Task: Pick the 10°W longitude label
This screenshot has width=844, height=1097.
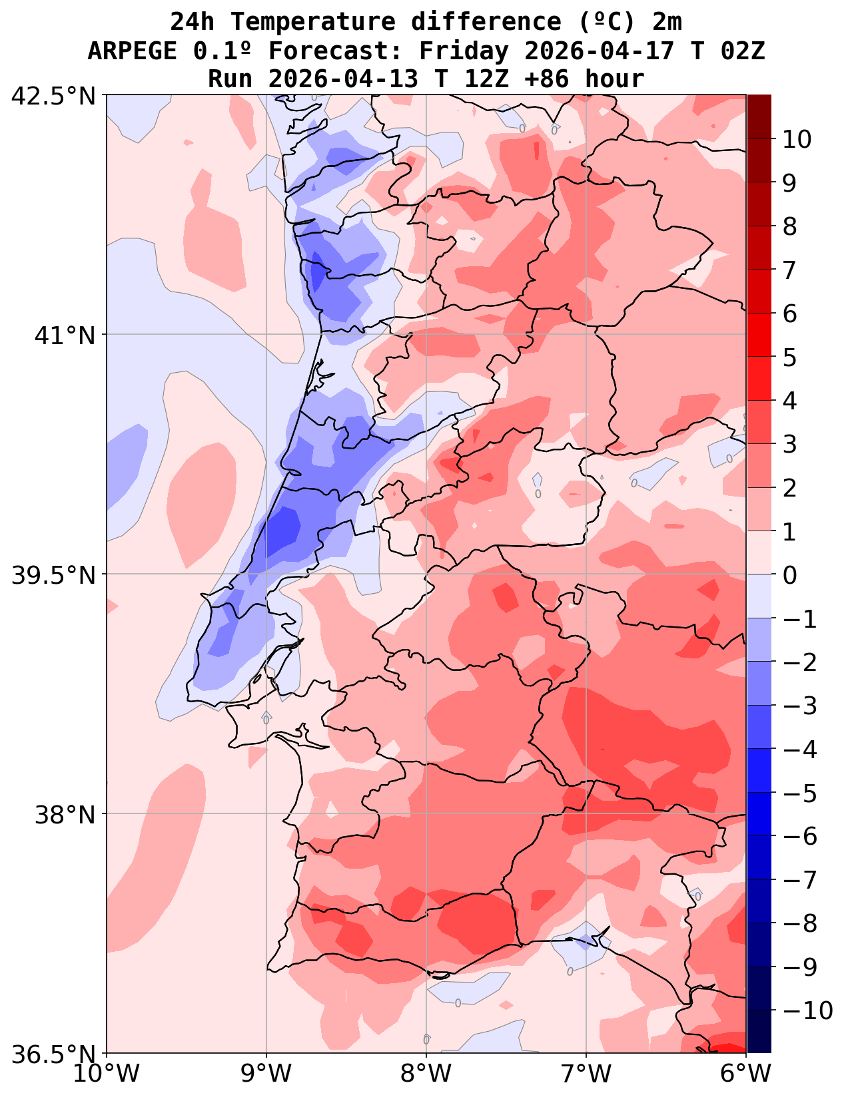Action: coord(107,1074)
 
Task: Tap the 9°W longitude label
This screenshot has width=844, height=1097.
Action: coord(266,1074)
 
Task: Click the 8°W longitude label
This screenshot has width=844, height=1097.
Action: coord(426,1074)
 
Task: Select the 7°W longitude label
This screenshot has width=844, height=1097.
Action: coord(586,1074)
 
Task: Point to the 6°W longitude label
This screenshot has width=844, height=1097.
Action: coord(746,1074)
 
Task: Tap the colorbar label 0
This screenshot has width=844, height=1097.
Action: coord(790,574)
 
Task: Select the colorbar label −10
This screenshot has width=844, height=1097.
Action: coord(808,1010)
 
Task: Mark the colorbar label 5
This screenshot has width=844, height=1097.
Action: coord(790,357)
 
